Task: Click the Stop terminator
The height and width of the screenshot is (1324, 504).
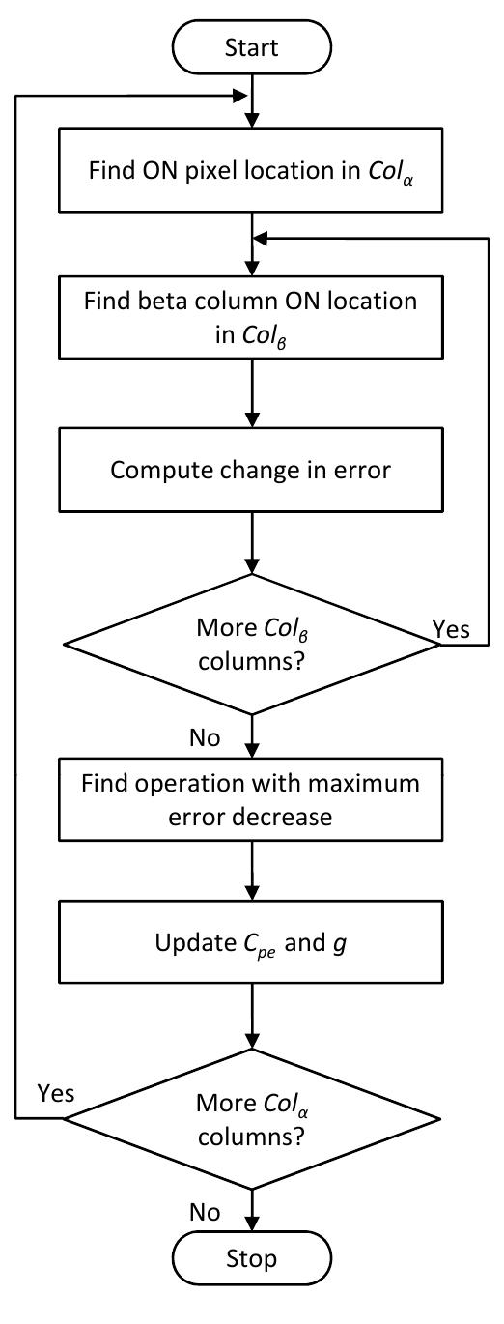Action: pyautogui.click(x=251, y=1284)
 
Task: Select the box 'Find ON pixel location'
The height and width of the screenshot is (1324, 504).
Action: pyautogui.click(x=251, y=171)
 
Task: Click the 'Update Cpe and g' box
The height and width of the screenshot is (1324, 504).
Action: pyautogui.click(x=251, y=940)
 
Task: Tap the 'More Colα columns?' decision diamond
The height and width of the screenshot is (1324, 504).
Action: pyautogui.click(x=251, y=1118)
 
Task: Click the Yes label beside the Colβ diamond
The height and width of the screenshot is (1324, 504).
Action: pyautogui.click(x=452, y=630)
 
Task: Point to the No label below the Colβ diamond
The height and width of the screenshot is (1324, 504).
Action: pyautogui.click(x=204, y=738)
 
